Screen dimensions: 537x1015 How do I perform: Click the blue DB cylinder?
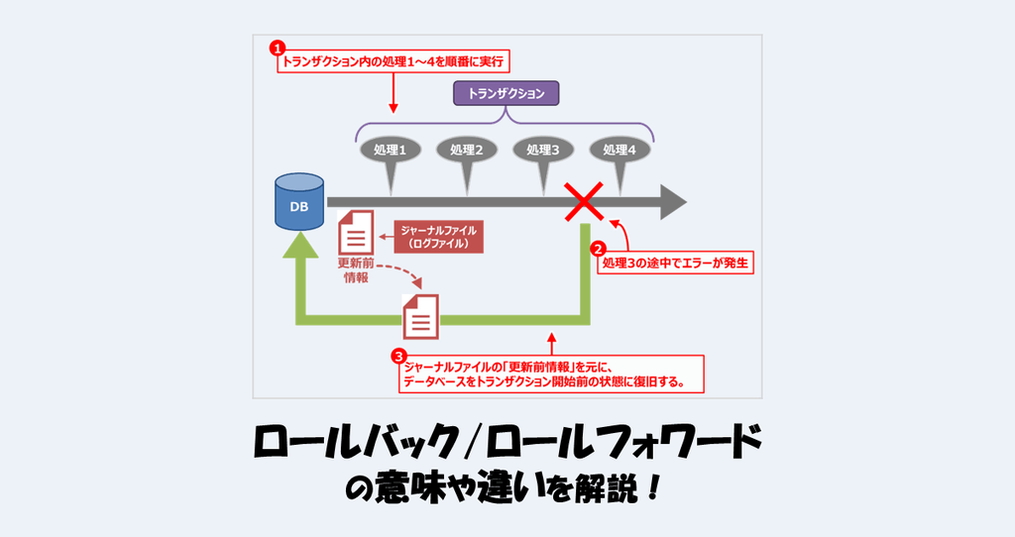click(x=299, y=201)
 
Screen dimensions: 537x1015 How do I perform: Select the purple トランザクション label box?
click(x=506, y=94)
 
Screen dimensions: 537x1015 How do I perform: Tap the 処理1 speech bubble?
click(x=389, y=152)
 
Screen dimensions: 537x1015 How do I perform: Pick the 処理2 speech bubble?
click(x=466, y=152)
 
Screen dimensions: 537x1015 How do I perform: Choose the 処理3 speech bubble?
click(x=542, y=152)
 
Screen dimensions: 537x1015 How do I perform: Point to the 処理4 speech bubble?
click(x=620, y=152)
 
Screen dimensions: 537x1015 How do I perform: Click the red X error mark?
click(x=585, y=201)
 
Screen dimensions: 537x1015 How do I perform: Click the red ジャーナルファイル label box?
click(x=438, y=235)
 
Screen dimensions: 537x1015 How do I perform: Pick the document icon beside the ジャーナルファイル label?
click(x=356, y=234)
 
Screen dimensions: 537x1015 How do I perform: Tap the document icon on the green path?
click(x=420, y=317)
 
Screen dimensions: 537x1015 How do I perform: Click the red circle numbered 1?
click(x=279, y=47)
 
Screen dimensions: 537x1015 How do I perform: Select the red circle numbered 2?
click(x=598, y=250)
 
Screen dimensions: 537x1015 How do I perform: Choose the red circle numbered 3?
click(x=398, y=355)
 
